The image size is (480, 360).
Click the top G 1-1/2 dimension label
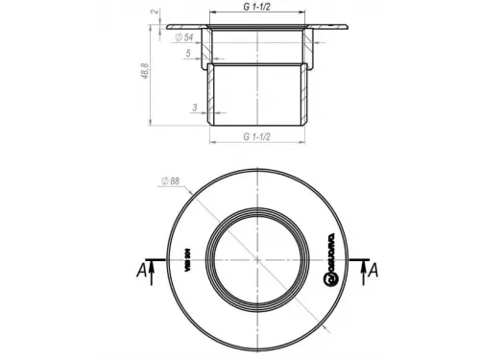point(258,7)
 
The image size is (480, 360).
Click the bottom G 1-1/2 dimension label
point(258,136)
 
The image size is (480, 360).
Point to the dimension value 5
point(188,53)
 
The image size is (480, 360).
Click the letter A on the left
point(142,272)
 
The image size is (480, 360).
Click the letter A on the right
point(374,272)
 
